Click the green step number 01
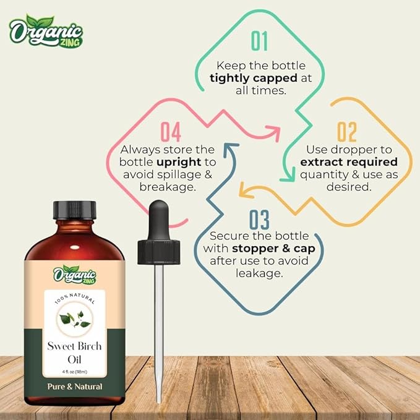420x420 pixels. point(260,40)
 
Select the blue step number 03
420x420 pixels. point(260,220)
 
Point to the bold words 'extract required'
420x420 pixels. point(348,162)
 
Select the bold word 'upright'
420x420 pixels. point(176,162)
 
